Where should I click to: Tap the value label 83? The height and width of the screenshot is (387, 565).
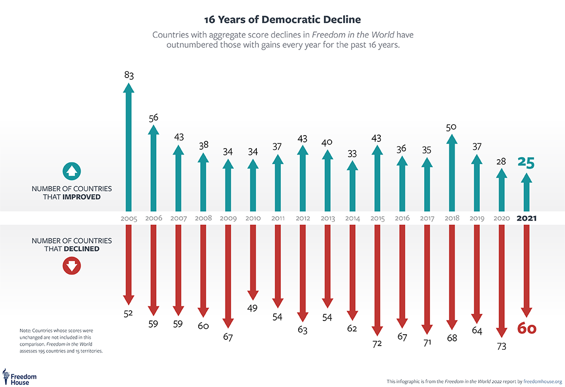tap(129, 75)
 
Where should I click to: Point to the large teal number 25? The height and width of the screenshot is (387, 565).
tap(526, 162)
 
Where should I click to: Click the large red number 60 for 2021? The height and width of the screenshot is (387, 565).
tap(527, 328)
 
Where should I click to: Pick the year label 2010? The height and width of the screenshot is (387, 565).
tap(253, 218)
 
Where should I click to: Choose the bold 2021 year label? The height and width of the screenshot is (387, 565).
tap(526, 218)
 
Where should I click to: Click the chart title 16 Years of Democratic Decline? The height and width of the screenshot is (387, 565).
tap(282, 19)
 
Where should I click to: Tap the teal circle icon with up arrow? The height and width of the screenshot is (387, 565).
tap(71, 171)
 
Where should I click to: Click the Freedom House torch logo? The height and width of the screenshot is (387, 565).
tap(6, 376)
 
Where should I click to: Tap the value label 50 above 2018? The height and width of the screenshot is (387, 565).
tap(451, 127)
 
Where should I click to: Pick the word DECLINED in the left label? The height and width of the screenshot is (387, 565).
tap(82, 249)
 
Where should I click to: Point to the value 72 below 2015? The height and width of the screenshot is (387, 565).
tap(377, 344)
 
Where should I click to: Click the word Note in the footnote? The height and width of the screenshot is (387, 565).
tap(25, 331)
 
